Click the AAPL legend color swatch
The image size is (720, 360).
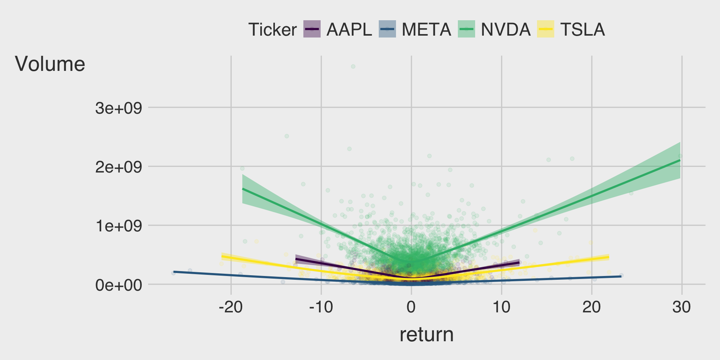pyautogui.click(x=312, y=29)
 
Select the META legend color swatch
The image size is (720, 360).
pyautogui.click(x=387, y=29)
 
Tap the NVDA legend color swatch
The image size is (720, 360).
pyautogui.click(x=466, y=29)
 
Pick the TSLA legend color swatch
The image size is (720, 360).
pyautogui.click(x=546, y=29)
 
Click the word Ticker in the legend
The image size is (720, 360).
pyautogui.click(x=272, y=30)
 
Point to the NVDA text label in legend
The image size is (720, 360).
pyautogui.click(x=505, y=30)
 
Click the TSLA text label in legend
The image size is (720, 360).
pyautogui.click(x=582, y=30)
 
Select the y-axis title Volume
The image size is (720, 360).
pyautogui.click(x=50, y=64)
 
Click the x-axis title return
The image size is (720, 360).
pyautogui.click(x=426, y=334)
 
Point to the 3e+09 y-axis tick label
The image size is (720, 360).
pyautogui.click(x=118, y=108)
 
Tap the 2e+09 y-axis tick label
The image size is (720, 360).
pyautogui.click(x=118, y=167)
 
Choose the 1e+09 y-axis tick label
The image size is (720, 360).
pyautogui.click(x=118, y=226)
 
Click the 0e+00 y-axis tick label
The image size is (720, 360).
pyautogui.click(x=118, y=285)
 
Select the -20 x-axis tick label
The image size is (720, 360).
pyautogui.click(x=231, y=307)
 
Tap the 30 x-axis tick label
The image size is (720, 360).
pyautogui.click(x=681, y=307)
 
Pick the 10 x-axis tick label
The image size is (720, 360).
pyautogui.click(x=501, y=307)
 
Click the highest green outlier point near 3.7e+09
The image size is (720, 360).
pyautogui.click(x=353, y=66)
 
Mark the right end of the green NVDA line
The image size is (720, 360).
pyautogui.click(x=680, y=160)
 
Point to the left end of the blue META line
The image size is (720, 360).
pyautogui.click(x=174, y=271)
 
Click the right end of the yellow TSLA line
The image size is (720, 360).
pyautogui.click(x=608, y=257)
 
